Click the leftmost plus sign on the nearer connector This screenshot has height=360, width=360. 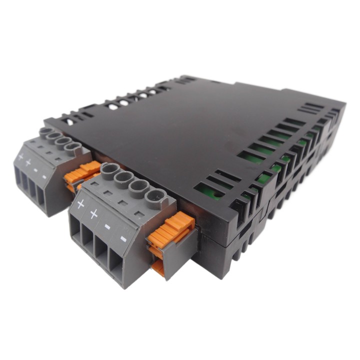80,204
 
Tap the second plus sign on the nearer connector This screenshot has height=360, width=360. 93,214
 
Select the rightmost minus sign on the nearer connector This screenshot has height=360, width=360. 123,239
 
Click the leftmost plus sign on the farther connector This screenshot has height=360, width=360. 20,157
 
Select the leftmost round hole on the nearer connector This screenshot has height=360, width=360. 109,169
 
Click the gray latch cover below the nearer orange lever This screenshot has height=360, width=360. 170,255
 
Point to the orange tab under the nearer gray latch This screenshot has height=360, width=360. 158,267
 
